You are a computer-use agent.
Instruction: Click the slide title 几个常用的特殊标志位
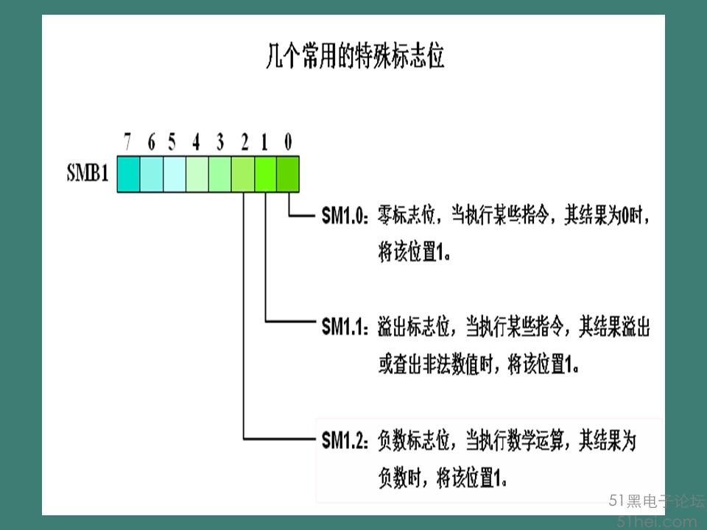click(x=355, y=57)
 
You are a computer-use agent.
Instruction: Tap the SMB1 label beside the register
click(x=88, y=172)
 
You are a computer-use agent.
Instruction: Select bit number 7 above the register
click(x=127, y=142)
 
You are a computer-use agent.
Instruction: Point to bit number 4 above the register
click(x=196, y=142)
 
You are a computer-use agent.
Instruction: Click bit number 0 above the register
click(x=288, y=142)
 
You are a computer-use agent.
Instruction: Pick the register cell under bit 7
click(x=128, y=174)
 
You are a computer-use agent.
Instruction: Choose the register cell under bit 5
click(x=175, y=174)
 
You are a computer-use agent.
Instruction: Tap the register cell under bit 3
click(x=220, y=174)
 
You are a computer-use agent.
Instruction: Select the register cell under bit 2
click(x=243, y=174)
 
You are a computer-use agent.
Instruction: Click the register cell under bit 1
click(x=266, y=174)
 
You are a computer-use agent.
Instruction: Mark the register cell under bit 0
click(x=288, y=174)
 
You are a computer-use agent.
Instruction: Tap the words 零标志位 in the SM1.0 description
click(x=407, y=215)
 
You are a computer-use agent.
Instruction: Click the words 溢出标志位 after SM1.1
click(x=414, y=326)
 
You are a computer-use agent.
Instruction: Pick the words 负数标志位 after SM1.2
click(x=414, y=439)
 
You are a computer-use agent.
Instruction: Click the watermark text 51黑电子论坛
click(x=657, y=501)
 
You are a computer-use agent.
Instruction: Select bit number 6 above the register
click(x=151, y=142)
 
